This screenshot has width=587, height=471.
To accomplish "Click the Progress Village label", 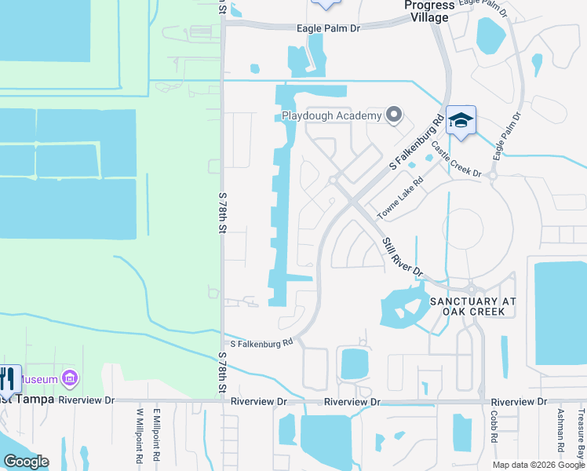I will coord(428,11).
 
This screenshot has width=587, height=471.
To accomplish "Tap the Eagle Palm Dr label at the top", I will coord(328,27).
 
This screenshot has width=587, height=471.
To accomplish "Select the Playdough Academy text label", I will coord(332,116).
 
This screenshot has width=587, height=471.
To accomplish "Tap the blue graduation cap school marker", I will coord(461,121).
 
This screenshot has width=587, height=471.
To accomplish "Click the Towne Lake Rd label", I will coord(400,198).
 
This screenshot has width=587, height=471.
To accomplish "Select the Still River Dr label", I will coord(403,257).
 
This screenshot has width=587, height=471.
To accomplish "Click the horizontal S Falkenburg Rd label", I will coord(261,342).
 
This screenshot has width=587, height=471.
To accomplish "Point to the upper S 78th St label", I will coord(223,212).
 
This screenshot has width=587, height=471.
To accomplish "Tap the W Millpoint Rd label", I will coord(139,434).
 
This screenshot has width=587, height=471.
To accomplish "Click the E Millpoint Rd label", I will coord(157,434).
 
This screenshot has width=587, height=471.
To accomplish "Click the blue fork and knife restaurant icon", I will coord(9,379).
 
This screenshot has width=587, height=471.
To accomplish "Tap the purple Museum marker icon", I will coord(70,379).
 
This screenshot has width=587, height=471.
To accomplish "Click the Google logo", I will coord(26,462).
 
